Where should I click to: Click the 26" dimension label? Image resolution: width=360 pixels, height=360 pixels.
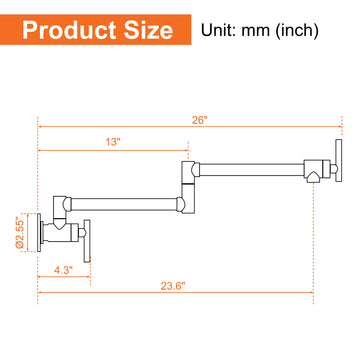coord(200,120)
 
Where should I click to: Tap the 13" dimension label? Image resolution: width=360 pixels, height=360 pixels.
coord(113,142)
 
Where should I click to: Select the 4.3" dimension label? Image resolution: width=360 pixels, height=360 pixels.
coord(64,269)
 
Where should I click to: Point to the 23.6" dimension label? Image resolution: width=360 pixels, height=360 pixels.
coord(173,286)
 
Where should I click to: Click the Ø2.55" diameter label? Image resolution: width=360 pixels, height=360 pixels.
coord(20,233)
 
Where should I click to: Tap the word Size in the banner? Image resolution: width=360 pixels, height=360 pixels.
coord(148,30)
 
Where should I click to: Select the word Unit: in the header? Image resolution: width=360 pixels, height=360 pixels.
coord(219,31)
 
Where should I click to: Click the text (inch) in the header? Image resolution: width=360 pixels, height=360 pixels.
coord(296,31)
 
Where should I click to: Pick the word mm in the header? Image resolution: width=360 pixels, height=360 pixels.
coord(255,32)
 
